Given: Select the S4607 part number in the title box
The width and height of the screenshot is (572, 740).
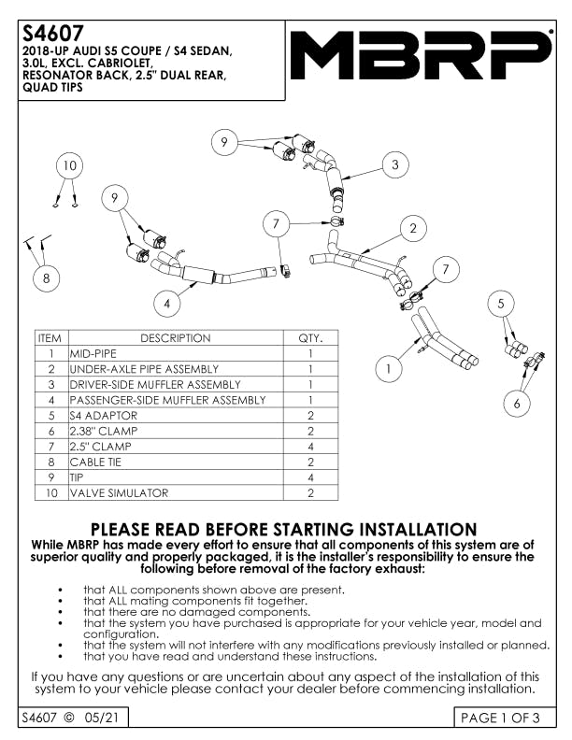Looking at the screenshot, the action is click(53, 34).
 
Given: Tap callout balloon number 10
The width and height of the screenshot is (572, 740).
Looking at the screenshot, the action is click(69, 165).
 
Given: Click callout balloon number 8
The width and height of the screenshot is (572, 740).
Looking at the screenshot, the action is click(46, 278).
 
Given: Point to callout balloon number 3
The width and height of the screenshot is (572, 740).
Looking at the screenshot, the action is click(395, 164).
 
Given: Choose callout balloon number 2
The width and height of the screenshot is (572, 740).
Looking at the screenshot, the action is click(413, 229).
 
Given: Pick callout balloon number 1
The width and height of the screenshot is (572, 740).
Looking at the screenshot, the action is click(389, 368).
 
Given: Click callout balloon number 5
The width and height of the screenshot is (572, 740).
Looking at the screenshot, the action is click(501, 304).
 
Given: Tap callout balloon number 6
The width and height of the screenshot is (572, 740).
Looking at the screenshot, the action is click(517, 403).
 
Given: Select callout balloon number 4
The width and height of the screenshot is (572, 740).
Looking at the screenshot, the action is click(167, 303).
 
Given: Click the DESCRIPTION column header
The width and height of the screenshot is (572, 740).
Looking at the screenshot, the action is click(176, 338).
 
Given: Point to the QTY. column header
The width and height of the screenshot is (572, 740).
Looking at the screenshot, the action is click(310, 338).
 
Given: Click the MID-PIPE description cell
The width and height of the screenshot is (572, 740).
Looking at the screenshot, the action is click(176, 353).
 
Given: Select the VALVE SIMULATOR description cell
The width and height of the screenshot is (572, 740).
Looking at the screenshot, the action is click(176, 492).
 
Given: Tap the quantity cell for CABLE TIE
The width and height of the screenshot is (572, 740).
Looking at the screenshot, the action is click(310, 462).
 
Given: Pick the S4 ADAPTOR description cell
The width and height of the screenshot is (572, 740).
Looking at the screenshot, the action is click(176, 415).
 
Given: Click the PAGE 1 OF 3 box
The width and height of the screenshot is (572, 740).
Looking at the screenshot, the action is click(505, 718).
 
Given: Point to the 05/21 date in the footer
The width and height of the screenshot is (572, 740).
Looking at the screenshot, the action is click(102, 718).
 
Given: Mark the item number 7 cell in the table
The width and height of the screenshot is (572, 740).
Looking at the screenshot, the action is click(51, 447).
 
